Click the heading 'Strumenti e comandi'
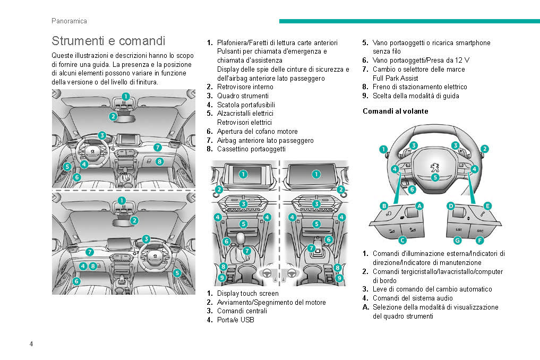pos(108,41)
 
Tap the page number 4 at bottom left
pos(31,344)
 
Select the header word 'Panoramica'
pos(69,21)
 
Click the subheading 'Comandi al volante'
pos(395,112)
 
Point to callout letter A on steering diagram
pos(419,205)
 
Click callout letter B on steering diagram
pos(383,205)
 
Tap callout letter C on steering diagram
pos(402,240)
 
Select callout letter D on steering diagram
pos(451,205)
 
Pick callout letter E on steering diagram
pos(487,205)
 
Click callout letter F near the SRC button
pos(479,240)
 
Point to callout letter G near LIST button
pos(457,240)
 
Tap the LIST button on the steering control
pos(459,230)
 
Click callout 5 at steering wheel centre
pos(435,177)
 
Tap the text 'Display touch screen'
pos(247,293)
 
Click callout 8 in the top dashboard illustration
pos(160,161)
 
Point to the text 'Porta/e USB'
pos(235,320)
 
